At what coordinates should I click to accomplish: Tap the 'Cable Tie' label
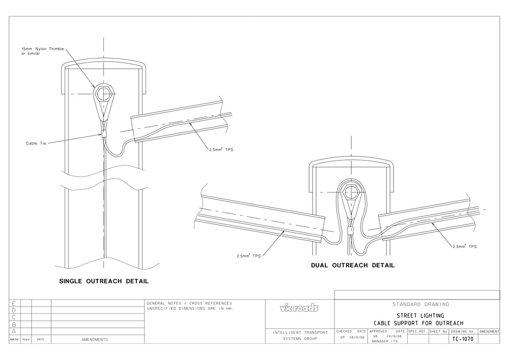point(36,144)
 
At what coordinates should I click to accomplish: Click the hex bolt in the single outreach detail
point(104,94)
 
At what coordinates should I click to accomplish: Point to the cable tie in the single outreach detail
point(104,134)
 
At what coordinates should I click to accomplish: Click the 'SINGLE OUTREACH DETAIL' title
point(104,281)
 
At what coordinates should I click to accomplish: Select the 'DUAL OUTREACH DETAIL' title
point(353,265)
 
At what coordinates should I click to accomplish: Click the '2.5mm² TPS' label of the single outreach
point(221,150)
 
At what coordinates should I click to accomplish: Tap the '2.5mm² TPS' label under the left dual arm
point(248,256)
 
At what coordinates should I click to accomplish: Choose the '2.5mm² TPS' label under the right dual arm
point(464,246)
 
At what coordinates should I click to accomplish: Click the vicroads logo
point(299,308)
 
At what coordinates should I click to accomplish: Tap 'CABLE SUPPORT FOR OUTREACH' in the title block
point(418,323)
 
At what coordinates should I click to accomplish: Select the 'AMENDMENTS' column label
point(95,340)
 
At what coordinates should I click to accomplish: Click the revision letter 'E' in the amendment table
point(14,303)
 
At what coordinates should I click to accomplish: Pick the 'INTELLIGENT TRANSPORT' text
point(300,333)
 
